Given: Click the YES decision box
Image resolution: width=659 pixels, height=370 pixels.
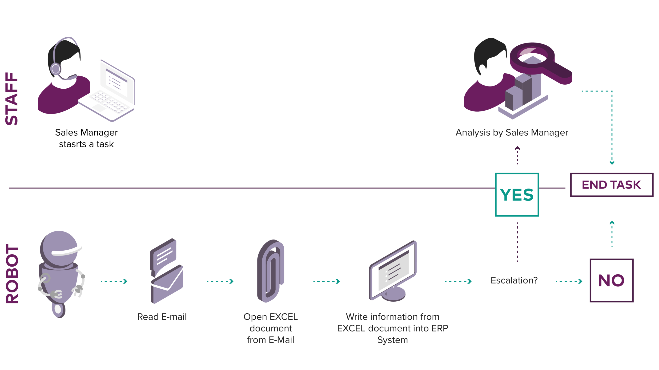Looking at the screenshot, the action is [517, 195].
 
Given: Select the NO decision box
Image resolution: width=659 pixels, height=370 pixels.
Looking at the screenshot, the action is [611, 280].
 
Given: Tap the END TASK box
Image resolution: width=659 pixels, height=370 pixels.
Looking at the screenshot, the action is [612, 185].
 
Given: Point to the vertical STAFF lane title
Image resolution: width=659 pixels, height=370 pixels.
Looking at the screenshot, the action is [12, 99].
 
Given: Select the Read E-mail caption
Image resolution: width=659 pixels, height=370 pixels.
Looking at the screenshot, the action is [162, 317].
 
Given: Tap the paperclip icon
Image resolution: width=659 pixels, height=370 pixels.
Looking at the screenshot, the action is [271, 271].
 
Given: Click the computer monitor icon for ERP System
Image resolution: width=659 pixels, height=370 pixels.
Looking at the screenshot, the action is [393, 271].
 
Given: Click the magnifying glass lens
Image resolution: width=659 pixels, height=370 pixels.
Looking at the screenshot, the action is [532, 56].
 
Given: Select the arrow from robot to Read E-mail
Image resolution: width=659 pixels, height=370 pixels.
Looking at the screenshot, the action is [114, 281].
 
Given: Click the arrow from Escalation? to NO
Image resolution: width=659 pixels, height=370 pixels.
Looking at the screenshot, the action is [569, 281].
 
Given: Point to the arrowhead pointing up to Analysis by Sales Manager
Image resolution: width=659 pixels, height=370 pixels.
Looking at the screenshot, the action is [517, 148].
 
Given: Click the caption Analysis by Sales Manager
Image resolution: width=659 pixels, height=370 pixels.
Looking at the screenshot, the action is [512, 133].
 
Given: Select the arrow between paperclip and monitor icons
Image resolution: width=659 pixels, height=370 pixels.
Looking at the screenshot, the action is [327, 281].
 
